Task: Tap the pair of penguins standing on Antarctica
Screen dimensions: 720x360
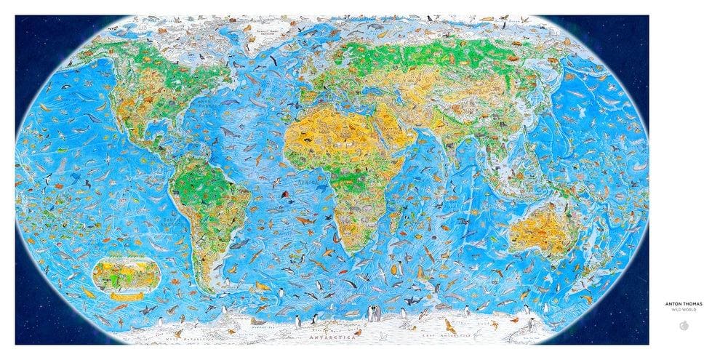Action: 374,315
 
